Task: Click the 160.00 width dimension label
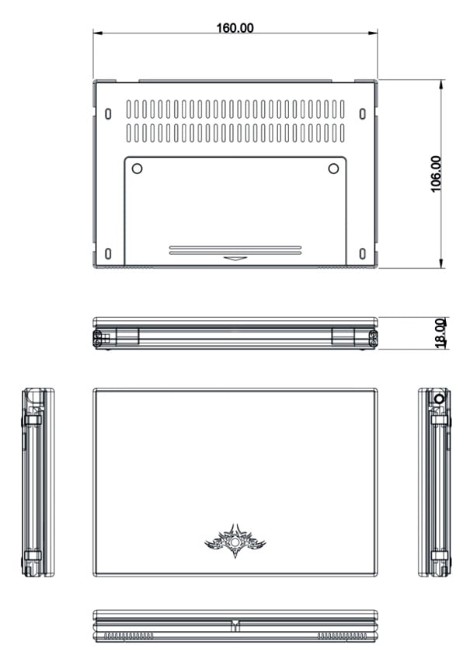pos(235,28)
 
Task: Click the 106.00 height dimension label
pos(436,173)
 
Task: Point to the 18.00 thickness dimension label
pos(440,333)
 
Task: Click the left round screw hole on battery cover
pos(137,169)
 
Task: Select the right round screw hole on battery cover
pos(333,169)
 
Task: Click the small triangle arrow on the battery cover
pos(235,259)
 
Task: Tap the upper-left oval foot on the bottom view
pos(108,113)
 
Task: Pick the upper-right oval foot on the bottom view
pos(362,113)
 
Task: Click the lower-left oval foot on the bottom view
pos(108,254)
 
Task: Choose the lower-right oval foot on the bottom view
pos(362,254)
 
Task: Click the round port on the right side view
pos(439,399)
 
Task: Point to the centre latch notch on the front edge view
pos(235,625)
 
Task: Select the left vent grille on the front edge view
pos(129,636)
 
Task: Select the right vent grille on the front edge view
pos(342,636)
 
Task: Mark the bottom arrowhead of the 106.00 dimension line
pos(441,263)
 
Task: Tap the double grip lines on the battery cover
pos(235,250)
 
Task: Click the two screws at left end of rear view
pos(97,339)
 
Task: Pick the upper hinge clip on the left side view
pos(33,420)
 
